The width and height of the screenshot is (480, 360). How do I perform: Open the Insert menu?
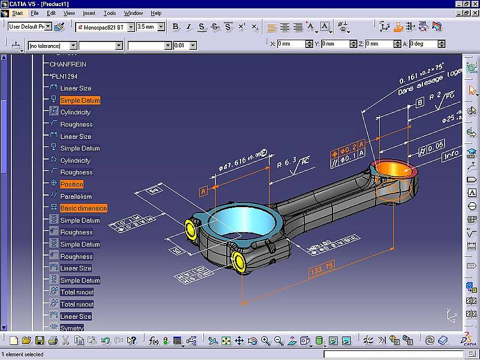[x=89, y=13]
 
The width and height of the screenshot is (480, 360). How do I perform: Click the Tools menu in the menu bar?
[x=110, y=13]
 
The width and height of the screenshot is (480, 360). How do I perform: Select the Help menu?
[x=156, y=13]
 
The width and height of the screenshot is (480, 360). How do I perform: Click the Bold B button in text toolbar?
[x=176, y=27]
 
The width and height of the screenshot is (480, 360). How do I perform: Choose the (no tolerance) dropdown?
[x=53, y=46]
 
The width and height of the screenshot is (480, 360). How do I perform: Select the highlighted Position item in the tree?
[x=71, y=184]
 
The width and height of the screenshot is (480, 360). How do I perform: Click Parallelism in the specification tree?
[x=76, y=196]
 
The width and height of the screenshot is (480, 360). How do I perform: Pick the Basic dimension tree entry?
[x=83, y=208]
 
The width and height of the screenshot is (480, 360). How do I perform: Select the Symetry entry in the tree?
[x=72, y=328]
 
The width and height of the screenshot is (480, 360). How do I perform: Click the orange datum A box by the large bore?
[x=203, y=191]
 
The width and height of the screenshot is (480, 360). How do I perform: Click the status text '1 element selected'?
[x=22, y=355]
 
